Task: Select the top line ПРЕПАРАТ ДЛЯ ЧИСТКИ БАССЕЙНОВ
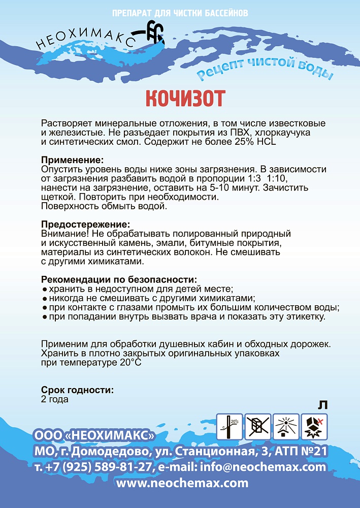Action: (180, 12)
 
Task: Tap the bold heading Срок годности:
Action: (77, 390)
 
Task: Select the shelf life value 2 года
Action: (55, 399)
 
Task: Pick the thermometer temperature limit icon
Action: (228, 426)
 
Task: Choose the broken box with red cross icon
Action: (314, 426)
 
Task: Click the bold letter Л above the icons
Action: (322, 405)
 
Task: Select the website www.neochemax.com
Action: (183, 483)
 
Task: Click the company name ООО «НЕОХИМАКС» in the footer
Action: (94, 436)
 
